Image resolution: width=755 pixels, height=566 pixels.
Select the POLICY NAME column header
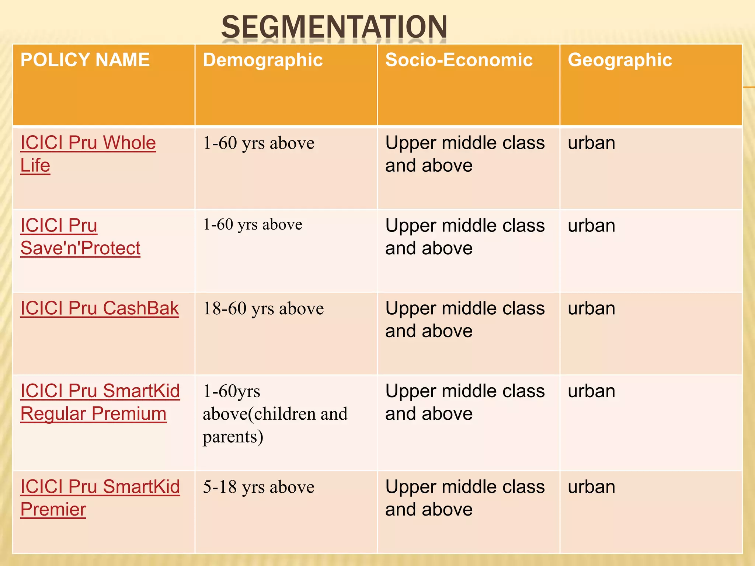click(85, 60)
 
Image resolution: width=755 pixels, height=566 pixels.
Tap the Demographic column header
click(262, 60)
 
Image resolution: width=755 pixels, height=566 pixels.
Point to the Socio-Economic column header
click(459, 60)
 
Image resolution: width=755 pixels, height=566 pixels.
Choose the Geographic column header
click(620, 60)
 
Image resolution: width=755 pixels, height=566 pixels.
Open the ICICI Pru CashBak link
click(100, 308)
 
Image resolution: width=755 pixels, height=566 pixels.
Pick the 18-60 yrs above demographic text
click(263, 308)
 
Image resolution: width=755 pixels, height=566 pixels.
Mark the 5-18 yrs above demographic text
click(258, 487)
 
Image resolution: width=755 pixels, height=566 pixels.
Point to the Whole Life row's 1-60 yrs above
click(258, 143)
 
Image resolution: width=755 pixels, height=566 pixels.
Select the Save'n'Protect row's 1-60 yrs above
click(253, 225)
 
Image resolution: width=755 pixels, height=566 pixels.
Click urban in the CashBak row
click(591, 308)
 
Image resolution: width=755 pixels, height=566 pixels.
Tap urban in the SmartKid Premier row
click(591, 487)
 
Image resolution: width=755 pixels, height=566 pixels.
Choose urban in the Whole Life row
click(591, 143)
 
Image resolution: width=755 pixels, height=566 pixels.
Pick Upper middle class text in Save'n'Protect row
click(465, 226)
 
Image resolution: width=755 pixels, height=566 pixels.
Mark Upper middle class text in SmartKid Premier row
click(465, 487)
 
